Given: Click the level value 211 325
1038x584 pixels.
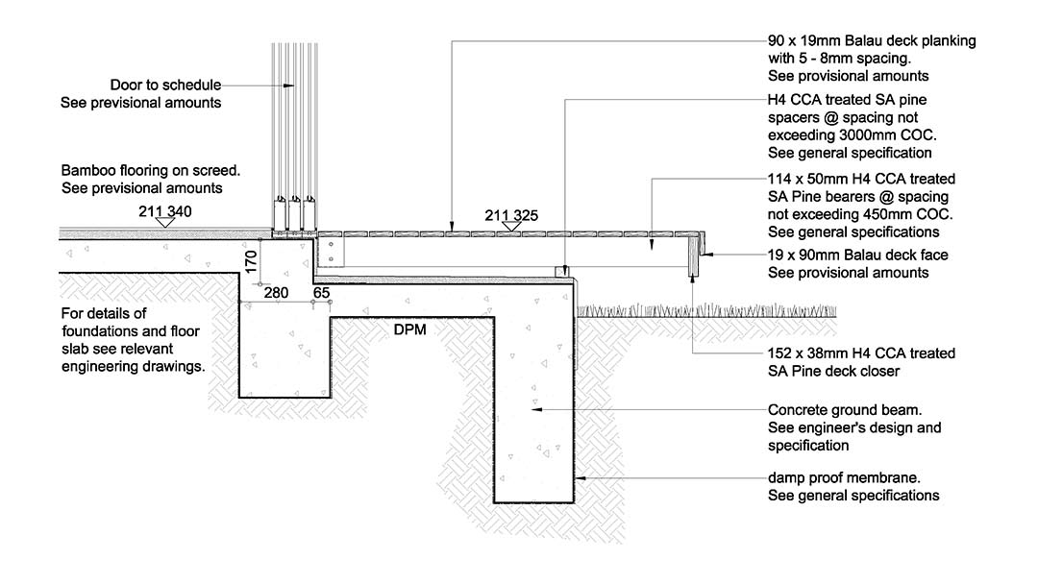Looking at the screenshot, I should pos(511,213).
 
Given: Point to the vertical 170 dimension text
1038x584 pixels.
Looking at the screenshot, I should pos(251,262).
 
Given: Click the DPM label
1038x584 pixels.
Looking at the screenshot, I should pos(409,329).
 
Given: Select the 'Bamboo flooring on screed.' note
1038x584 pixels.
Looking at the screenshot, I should pos(151,171).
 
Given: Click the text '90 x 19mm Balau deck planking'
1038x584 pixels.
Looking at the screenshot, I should pos(871,41).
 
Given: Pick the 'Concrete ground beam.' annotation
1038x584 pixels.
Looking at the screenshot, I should pos(840,409).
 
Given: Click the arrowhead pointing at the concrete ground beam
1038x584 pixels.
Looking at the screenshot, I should pos(535,409).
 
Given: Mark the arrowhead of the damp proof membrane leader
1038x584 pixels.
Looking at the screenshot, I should pos(579,478).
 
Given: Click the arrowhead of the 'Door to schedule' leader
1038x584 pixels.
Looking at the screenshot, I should pos(292,85).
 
